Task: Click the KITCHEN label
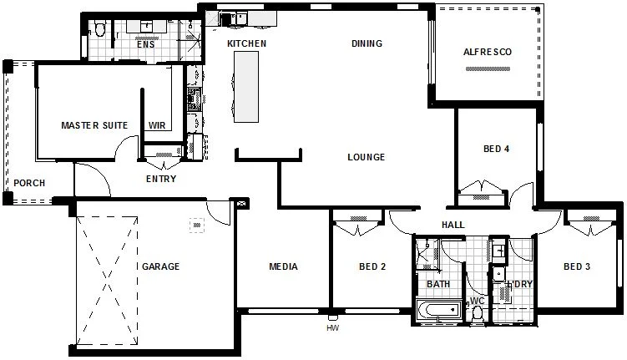pyautogui.click(x=247, y=43)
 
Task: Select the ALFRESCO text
pyautogui.click(x=487, y=52)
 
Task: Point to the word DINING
pyautogui.click(x=367, y=43)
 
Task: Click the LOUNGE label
pyautogui.click(x=367, y=157)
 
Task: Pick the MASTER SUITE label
pyautogui.click(x=94, y=125)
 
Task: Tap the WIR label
pyautogui.click(x=157, y=125)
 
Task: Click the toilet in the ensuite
pyautogui.click(x=100, y=32)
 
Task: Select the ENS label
pyautogui.click(x=146, y=44)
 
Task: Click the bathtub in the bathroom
pyautogui.click(x=437, y=312)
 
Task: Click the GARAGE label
pyautogui.click(x=160, y=267)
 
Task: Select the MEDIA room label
pyautogui.click(x=283, y=267)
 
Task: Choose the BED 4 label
pyautogui.click(x=496, y=150)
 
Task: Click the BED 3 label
pyautogui.click(x=577, y=267)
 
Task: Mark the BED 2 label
pyautogui.click(x=372, y=267)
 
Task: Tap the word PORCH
pyautogui.click(x=29, y=183)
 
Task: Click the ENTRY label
pyautogui.click(x=160, y=179)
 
